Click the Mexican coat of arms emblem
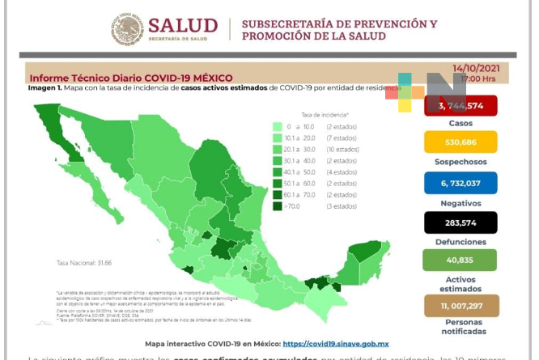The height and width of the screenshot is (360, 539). pos(127,29)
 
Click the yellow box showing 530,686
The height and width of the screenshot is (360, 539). pos(460,142)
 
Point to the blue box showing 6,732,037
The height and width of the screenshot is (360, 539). pos(460,183)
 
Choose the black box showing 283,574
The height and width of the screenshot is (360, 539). pos(460,222)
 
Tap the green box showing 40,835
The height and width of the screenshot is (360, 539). pos(460,260)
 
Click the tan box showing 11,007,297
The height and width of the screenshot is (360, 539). pos(460,306)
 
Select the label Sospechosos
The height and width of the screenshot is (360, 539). pos(460,162)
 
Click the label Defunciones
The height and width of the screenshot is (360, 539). pos(460,241)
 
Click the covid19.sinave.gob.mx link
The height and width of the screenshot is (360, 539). pos(337,344)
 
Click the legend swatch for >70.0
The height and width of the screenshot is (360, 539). pos(278,206)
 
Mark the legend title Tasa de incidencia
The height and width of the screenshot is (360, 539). pos(325,115)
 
